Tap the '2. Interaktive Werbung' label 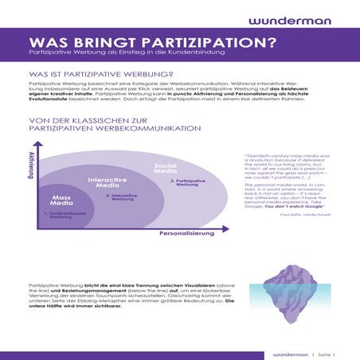click(x=119, y=197)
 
